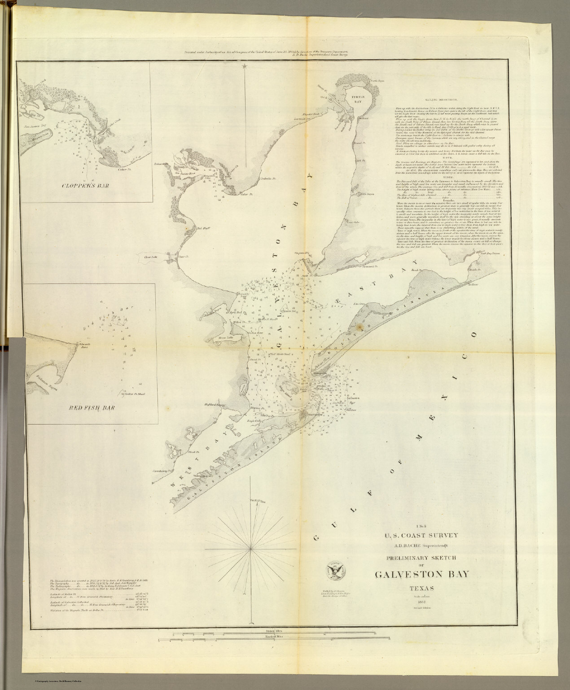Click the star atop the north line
coord(245,66)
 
